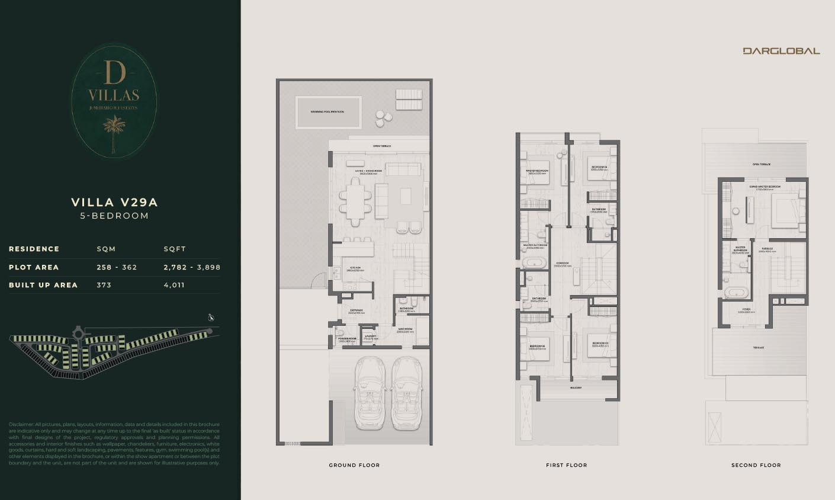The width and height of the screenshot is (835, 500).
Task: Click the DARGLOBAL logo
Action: tap(781, 51)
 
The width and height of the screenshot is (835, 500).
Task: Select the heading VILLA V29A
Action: tap(114, 202)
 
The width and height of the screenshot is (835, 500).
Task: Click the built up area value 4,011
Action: tap(174, 285)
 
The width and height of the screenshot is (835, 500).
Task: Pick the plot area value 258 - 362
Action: tap(117, 267)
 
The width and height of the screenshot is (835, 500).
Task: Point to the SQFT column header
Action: tap(174, 249)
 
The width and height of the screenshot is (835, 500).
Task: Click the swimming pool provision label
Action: tap(327, 111)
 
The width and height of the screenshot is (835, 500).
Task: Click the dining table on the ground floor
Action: tap(356, 202)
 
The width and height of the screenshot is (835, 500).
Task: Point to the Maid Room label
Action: tap(405, 330)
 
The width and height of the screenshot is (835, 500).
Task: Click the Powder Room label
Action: tap(346, 340)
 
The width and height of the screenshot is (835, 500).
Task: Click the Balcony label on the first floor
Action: tap(575, 388)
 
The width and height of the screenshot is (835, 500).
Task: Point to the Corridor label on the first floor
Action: tap(562, 264)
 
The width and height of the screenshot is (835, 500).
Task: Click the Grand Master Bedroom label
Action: tap(765, 187)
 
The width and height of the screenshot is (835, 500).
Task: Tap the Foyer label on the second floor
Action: tap(746, 309)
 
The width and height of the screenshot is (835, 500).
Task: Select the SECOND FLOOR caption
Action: tap(756, 466)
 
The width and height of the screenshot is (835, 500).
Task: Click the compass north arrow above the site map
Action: tap(210, 318)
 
